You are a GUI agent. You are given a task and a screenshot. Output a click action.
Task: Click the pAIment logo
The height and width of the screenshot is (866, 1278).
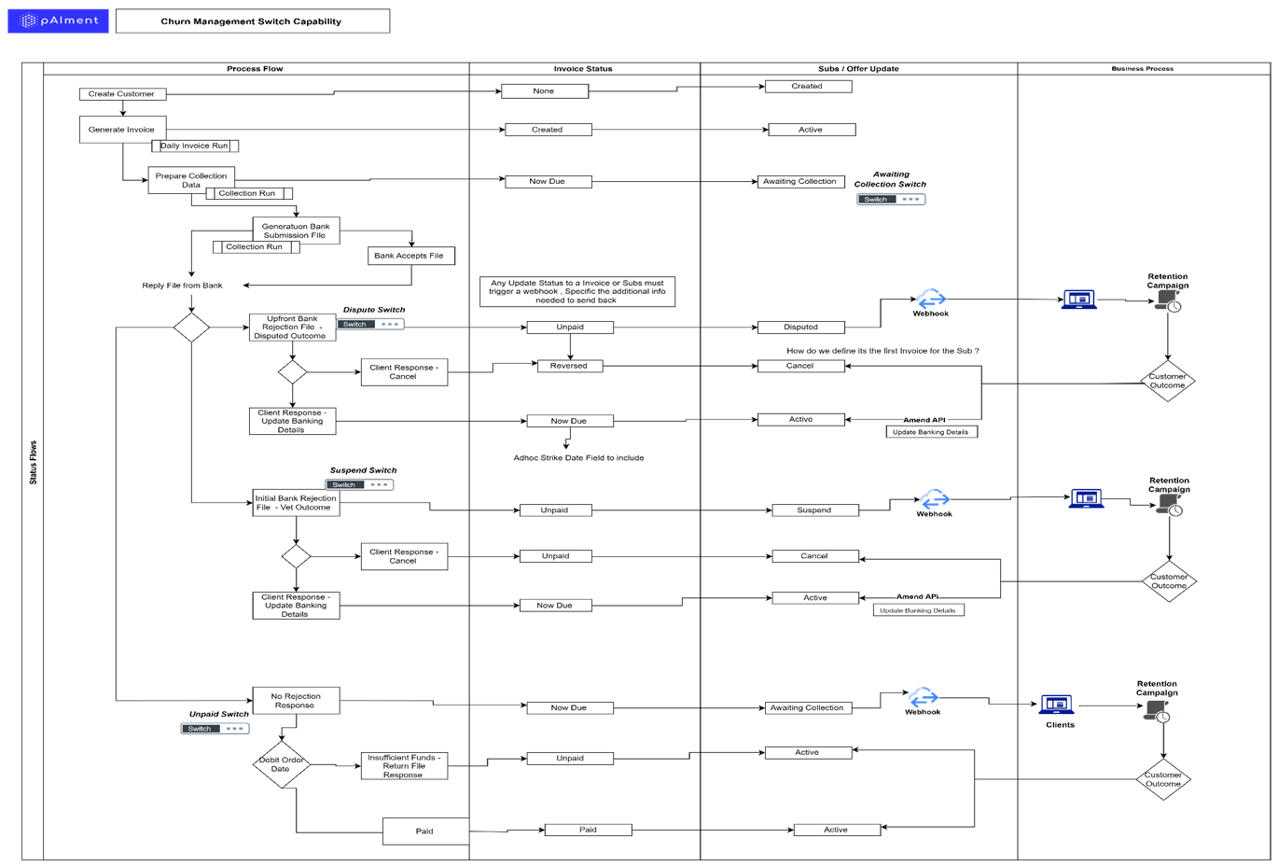coord(59,21)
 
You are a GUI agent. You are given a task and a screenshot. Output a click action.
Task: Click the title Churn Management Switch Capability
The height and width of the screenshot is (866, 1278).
coord(252,21)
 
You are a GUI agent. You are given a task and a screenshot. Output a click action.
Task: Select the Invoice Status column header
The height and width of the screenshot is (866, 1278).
coord(583,68)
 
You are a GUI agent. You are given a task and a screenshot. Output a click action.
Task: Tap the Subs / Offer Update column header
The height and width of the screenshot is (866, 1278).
coord(858,68)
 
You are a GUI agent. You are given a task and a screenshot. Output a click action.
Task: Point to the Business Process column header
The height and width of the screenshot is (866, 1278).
coord(1142,68)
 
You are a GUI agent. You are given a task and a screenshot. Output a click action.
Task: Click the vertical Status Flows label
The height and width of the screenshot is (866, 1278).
coord(33,462)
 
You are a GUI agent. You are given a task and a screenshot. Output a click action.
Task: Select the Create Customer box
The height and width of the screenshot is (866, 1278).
coord(122,93)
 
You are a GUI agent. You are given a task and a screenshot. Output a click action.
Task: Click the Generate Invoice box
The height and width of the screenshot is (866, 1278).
coord(122,130)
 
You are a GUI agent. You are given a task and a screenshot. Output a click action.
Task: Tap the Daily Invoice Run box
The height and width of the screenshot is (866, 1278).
coord(195,146)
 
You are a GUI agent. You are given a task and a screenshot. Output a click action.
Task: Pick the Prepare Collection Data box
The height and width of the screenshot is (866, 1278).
coord(191,180)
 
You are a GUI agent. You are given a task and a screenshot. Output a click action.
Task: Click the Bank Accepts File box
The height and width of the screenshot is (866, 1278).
coord(410,256)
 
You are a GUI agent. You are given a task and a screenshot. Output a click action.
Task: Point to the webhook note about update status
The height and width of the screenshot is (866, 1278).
coord(577,291)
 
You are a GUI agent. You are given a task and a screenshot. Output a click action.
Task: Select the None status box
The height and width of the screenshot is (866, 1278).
coord(544,91)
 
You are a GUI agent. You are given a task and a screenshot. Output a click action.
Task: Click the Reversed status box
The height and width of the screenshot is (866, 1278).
coord(569,366)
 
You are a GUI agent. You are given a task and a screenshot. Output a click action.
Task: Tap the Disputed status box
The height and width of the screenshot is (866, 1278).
coord(800,328)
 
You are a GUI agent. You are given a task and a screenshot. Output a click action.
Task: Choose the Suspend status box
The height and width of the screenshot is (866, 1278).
coord(814,510)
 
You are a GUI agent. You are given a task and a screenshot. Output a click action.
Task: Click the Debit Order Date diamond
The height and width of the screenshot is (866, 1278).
coord(281,764)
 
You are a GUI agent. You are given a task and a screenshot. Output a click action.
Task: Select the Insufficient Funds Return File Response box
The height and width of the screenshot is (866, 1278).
coord(404,766)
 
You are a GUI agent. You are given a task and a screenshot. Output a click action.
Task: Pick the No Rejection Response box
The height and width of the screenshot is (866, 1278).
coord(296,701)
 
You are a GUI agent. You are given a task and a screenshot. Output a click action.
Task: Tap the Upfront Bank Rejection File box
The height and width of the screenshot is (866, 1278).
coord(292,328)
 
